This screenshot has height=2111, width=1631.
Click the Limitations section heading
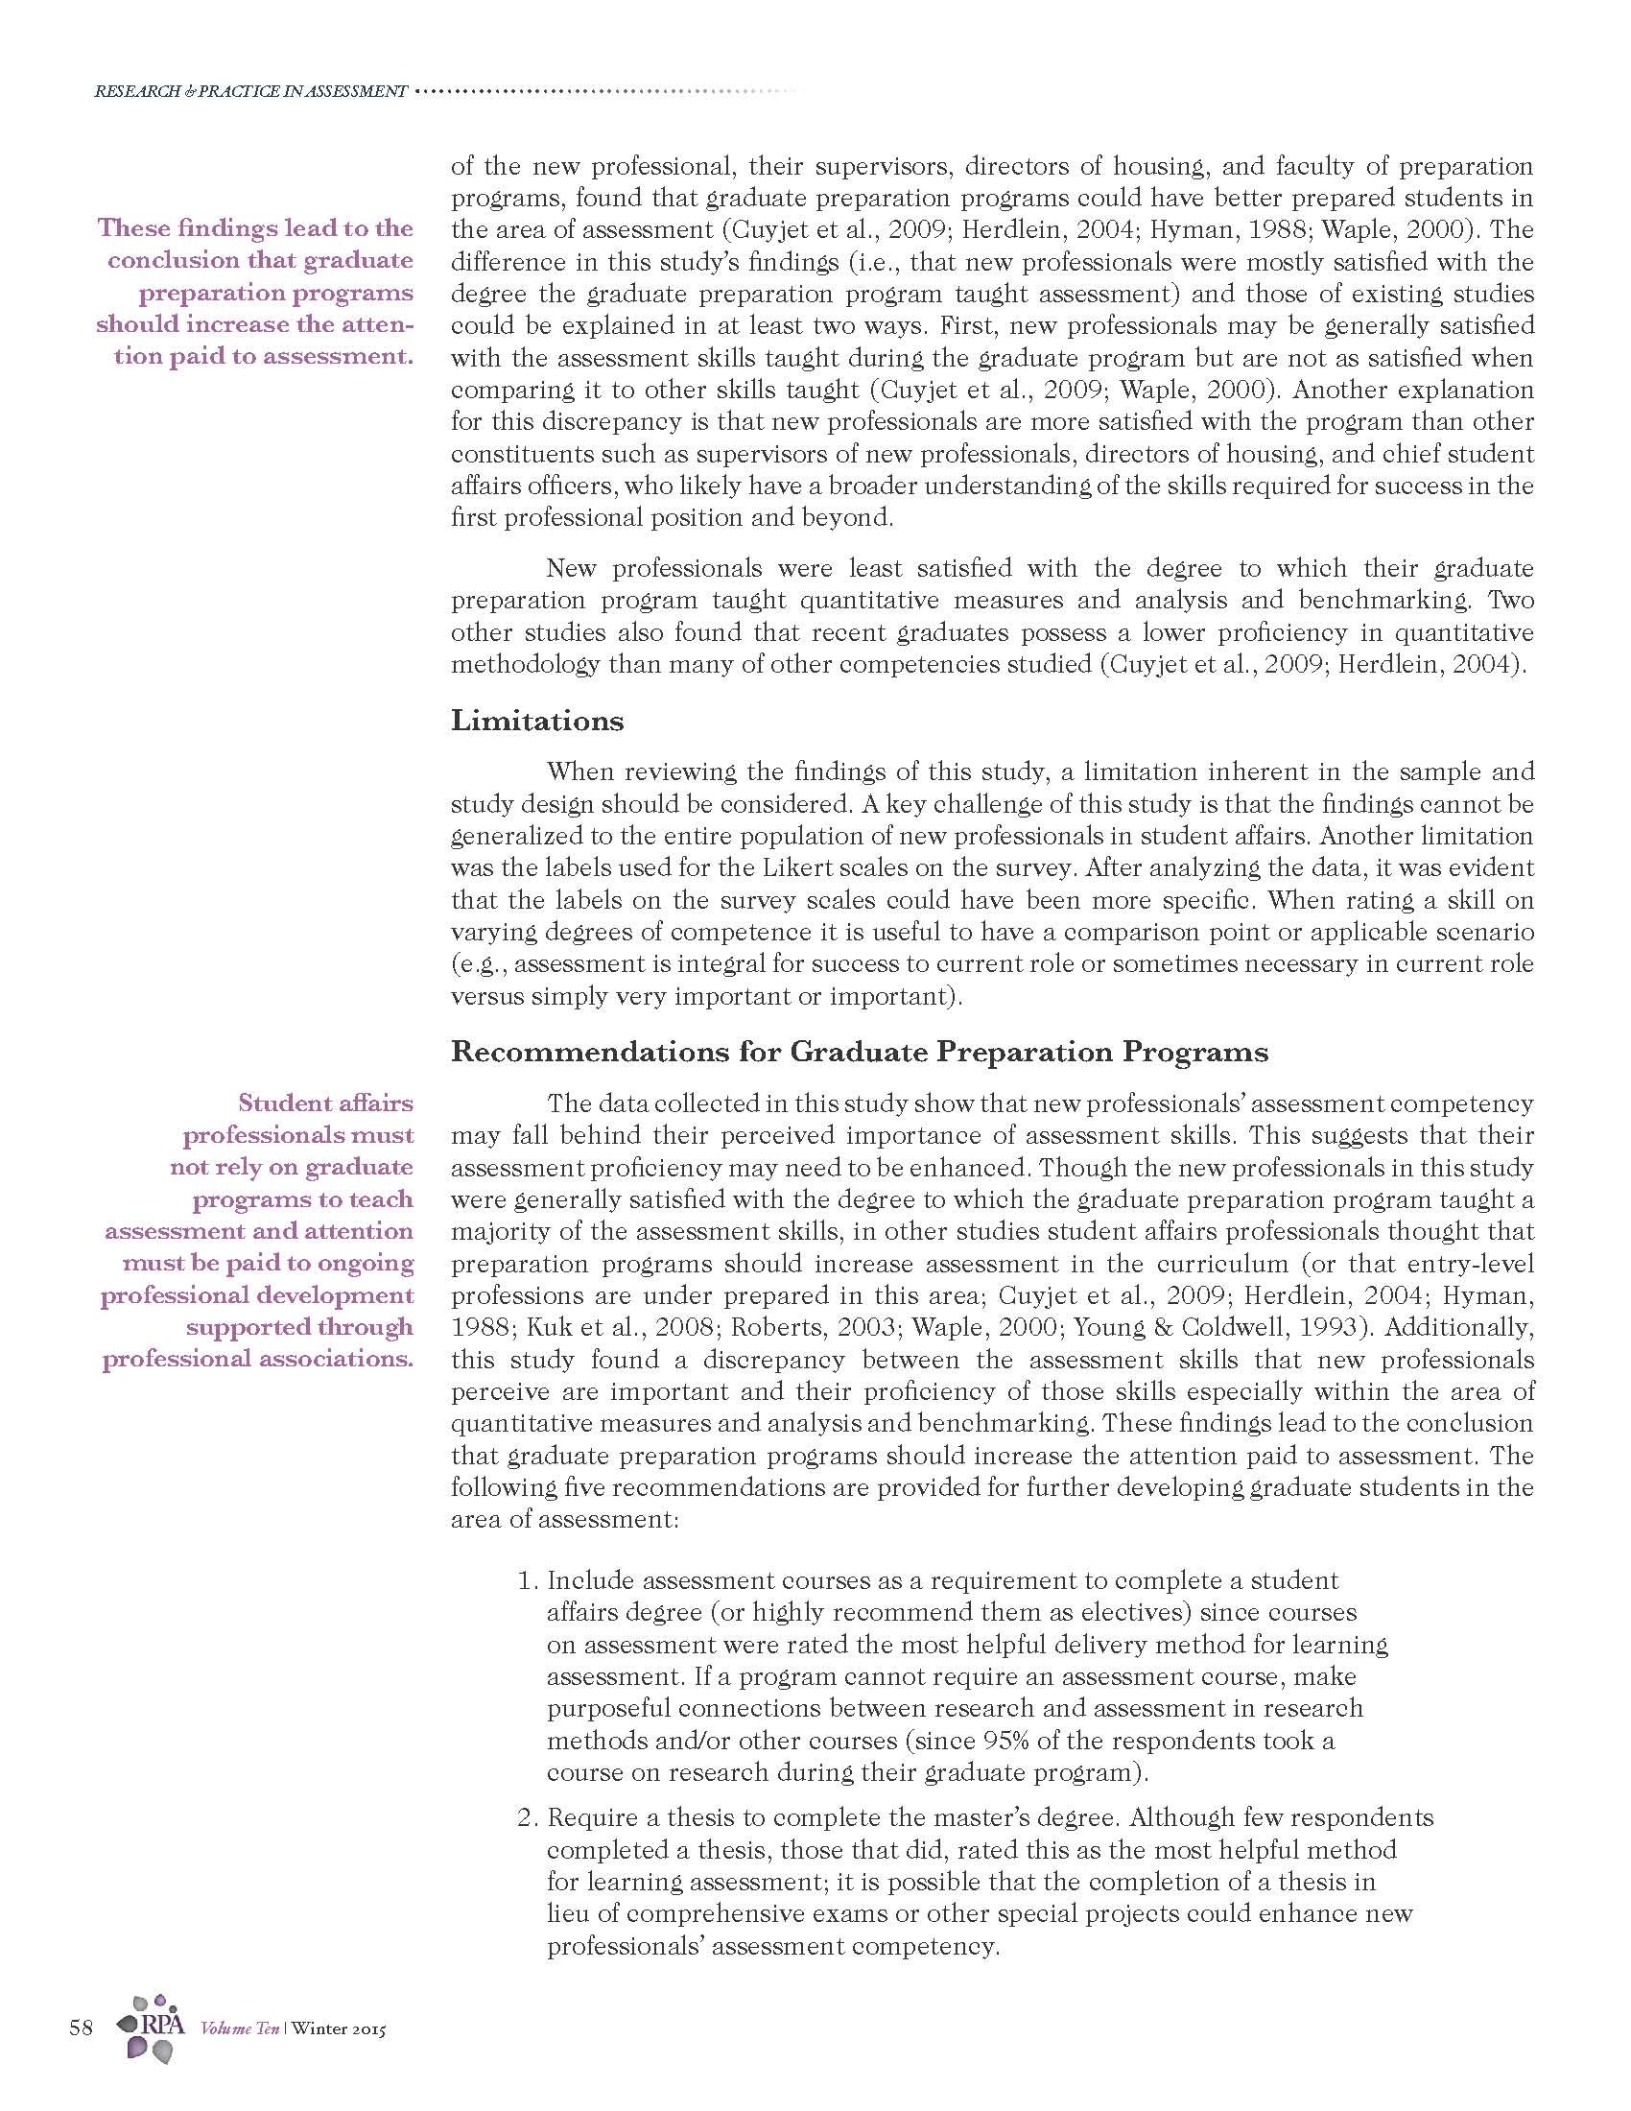[537, 721]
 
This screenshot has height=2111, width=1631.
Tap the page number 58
[82, 2027]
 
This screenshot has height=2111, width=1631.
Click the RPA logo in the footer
[150, 2028]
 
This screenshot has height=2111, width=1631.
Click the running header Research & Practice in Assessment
[250, 92]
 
